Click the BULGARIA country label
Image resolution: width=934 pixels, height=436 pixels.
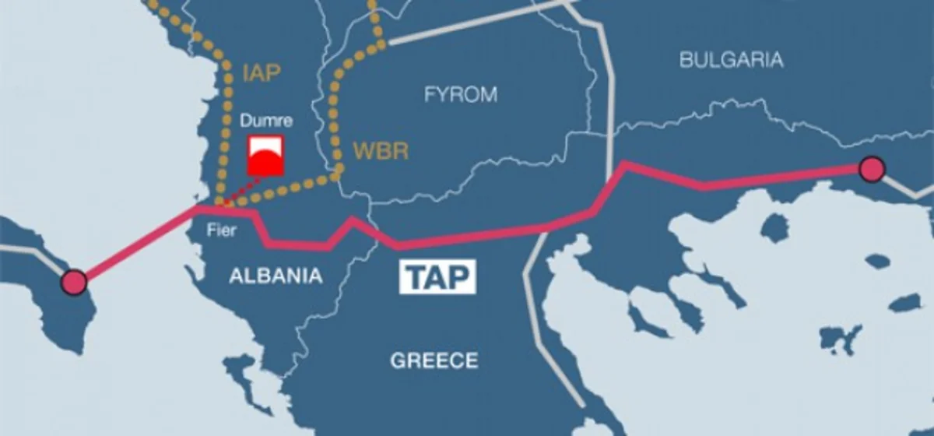[x=731, y=60]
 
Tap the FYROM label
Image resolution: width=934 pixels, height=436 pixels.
[x=460, y=95]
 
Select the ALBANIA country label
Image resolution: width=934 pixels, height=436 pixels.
[x=276, y=276]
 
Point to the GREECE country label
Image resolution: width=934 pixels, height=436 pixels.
[x=434, y=360]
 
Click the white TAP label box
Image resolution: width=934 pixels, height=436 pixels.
[x=437, y=277]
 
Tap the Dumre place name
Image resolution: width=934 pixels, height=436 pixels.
[x=265, y=121]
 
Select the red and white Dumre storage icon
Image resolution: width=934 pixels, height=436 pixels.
[x=265, y=156]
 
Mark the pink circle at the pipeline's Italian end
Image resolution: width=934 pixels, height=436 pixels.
[x=75, y=282]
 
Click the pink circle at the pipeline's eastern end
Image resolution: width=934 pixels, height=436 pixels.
[x=872, y=169]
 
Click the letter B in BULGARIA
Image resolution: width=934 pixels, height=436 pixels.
[x=686, y=60]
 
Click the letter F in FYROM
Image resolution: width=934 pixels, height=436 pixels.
[x=430, y=95]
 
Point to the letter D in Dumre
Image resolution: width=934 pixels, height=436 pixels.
[x=244, y=121]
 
